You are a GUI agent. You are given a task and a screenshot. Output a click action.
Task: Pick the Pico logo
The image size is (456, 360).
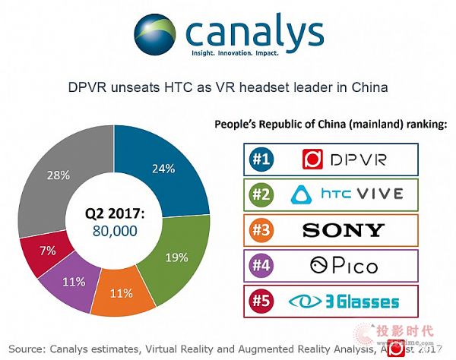[342, 266]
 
